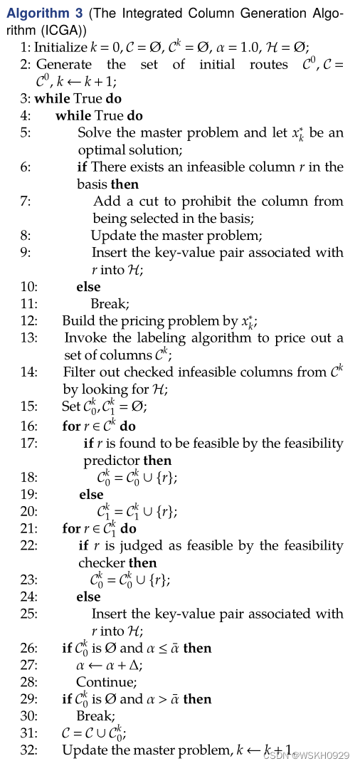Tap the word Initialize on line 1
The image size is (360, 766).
pos(60,47)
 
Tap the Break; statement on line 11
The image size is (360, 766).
pos(110,304)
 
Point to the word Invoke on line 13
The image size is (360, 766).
pos(83,338)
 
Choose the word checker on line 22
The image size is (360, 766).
pos(102,563)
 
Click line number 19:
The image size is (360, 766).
pos(29,494)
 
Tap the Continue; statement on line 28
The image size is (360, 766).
pos(101,682)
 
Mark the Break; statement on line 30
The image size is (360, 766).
pos(95,716)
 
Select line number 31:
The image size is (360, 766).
pos(29,733)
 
